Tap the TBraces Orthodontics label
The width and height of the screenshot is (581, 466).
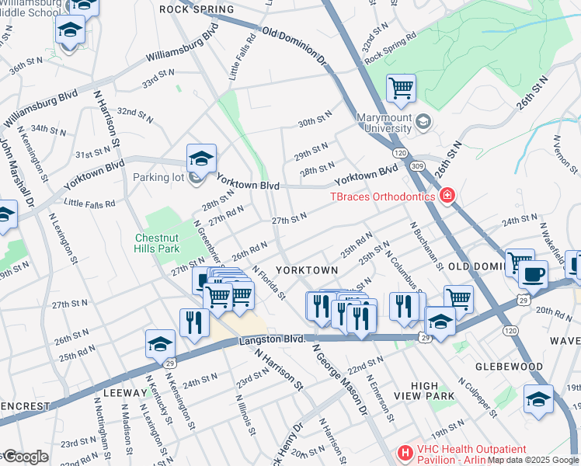383,196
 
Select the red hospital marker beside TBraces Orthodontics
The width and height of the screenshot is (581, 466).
447,195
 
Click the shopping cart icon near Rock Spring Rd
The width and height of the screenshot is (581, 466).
401,88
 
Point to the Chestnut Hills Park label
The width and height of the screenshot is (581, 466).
158,242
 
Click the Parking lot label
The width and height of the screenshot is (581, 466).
158,178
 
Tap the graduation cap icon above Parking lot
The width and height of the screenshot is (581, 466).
200,158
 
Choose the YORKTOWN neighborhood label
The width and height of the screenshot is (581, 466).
307,270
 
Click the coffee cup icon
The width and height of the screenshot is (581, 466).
533,274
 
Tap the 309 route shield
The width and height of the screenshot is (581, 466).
418,165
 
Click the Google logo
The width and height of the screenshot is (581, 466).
25,457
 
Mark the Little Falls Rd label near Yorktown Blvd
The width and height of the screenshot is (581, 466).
89,203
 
